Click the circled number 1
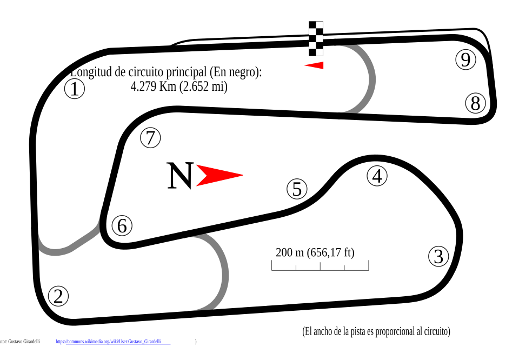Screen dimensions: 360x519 click(x=75, y=89)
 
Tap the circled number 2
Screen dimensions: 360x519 click(x=58, y=296)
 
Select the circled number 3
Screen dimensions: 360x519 click(x=438, y=256)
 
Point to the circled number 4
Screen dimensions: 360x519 click(x=377, y=176)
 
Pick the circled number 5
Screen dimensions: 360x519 click(x=297, y=189)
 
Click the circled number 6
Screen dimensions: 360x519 click(x=122, y=225)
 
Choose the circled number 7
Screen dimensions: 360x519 click(x=150, y=138)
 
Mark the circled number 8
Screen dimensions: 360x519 click(x=475, y=103)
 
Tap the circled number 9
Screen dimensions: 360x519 click(x=465, y=59)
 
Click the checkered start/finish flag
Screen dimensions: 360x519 click(x=316, y=38)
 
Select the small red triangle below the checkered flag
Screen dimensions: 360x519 click(x=316, y=65)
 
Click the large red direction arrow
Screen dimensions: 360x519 click(x=216, y=175)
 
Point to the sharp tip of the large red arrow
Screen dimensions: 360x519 click(x=243, y=175)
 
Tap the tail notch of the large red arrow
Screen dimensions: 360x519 click(x=205, y=175)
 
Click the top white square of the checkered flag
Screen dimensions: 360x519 click(x=320, y=25)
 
